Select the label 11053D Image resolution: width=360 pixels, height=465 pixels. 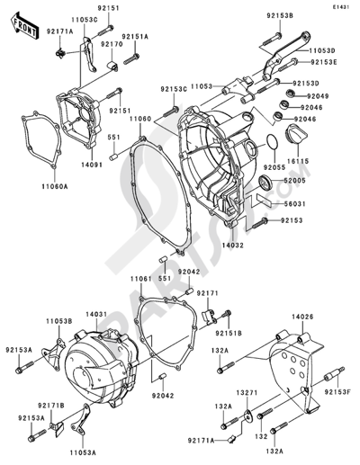[323, 50]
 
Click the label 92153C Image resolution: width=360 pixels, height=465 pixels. [175, 89]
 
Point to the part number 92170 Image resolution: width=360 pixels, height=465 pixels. [112, 43]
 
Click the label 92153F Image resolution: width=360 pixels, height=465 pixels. [337, 392]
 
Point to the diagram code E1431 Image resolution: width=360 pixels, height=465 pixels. [339, 6]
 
